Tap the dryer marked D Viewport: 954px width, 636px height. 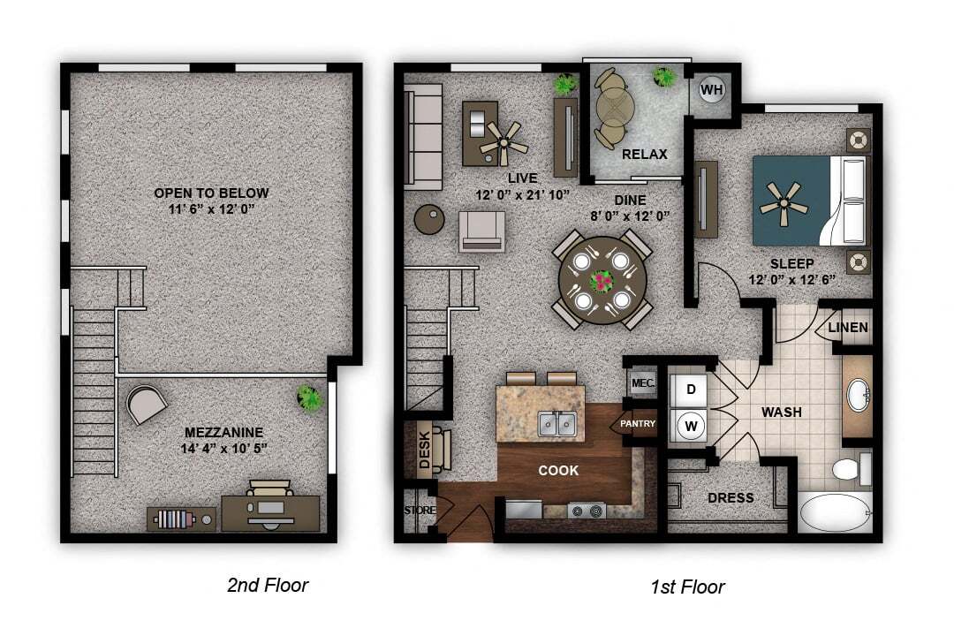[692, 390]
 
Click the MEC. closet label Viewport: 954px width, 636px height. [641, 383]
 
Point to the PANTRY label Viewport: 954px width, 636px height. [637, 424]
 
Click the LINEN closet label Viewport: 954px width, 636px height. [848, 328]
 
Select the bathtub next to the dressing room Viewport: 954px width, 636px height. [835, 513]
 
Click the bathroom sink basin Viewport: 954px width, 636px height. [857, 396]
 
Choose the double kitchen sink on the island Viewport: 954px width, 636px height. [558, 425]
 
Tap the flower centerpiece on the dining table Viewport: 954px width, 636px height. [602, 280]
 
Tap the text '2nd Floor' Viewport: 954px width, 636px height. [268, 585]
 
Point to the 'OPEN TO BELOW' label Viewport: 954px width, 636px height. [211, 193]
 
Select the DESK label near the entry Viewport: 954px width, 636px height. [424, 448]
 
